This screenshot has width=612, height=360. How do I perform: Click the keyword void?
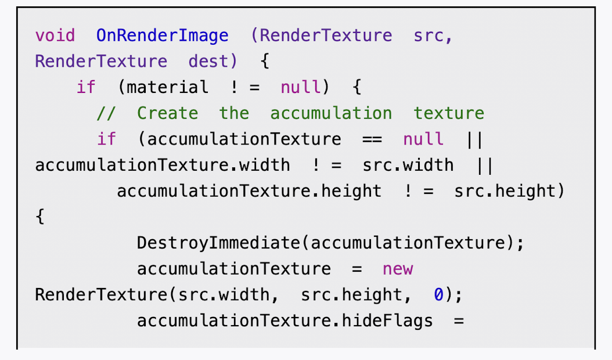tap(55, 36)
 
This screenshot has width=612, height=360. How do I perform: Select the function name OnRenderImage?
tap(163, 36)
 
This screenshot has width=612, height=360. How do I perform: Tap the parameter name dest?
tap(208, 62)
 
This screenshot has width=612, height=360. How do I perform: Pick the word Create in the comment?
tap(167, 113)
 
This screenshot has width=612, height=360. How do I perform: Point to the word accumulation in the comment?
tap(331, 113)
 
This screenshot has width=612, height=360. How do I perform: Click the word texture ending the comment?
tap(449, 113)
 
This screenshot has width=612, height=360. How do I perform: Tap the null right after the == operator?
tap(423, 139)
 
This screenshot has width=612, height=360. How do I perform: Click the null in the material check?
tap(301, 88)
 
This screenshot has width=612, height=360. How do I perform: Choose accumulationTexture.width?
tap(163, 165)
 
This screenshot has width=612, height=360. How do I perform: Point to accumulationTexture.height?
tap(249, 191)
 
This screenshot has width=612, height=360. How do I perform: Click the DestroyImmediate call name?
tap(218, 243)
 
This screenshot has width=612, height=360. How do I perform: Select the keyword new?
tap(398, 269)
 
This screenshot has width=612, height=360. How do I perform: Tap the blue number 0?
tap(438, 295)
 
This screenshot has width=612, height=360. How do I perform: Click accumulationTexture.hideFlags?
tap(285, 321)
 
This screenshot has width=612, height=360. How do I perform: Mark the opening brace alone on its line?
tap(40, 217)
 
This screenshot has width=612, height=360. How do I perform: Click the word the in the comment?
tap(234, 113)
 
